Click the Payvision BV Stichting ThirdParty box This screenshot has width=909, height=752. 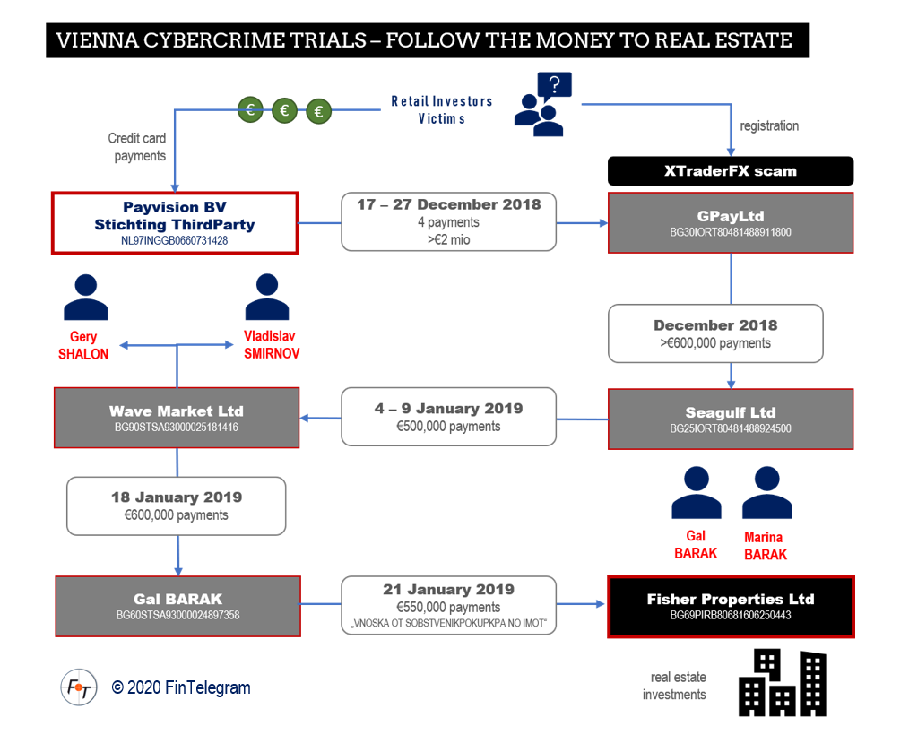[175, 223]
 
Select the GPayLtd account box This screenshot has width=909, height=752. [731, 222]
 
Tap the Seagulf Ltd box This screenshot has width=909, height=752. [731, 419]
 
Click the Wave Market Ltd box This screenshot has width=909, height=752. [177, 418]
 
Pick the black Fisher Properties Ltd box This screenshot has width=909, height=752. [731, 607]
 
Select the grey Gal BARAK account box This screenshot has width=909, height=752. [178, 607]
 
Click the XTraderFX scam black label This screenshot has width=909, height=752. [731, 171]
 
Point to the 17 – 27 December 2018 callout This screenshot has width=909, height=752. [449, 221]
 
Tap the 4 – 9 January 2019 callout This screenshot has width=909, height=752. [449, 417]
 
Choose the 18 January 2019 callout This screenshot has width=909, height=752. [177, 506]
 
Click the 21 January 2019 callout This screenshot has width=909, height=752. [449, 605]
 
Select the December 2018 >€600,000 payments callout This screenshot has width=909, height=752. [715, 333]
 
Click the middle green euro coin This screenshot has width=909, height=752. [285, 110]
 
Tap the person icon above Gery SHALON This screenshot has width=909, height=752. [86, 298]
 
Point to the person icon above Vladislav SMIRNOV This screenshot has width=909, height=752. [267, 297]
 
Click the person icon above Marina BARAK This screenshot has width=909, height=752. [767, 492]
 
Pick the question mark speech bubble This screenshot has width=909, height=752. [555, 85]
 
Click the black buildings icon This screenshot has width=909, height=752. [783, 683]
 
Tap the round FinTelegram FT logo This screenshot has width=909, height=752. [79, 687]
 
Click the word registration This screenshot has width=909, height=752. [769, 125]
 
